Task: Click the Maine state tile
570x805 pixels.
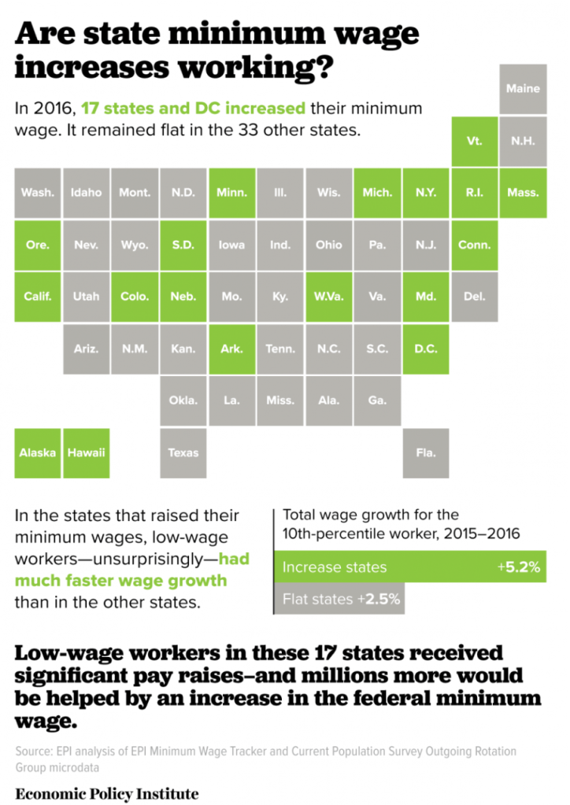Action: point(524,89)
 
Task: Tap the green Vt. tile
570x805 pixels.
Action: point(474,141)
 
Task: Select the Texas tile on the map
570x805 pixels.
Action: point(183,452)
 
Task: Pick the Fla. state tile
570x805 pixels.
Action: point(426,452)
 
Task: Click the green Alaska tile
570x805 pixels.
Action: point(38,452)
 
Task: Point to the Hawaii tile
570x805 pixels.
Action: point(87,452)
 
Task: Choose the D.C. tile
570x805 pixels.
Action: point(426,349)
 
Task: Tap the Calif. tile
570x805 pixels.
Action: point(38,297)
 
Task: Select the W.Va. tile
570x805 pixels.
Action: point(329,297)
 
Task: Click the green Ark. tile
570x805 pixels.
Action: point(232,349)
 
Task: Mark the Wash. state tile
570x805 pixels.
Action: point(38,193)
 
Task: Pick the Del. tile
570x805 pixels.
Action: point(474,297)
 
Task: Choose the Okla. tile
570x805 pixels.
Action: point(183,401)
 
